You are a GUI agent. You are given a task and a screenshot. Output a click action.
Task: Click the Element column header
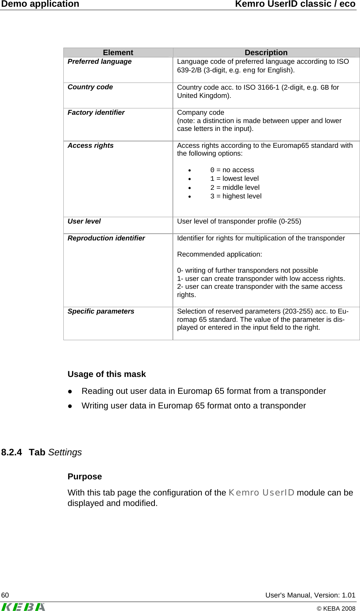tap(118, 53)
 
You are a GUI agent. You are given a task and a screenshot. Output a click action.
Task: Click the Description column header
tap(266, 53)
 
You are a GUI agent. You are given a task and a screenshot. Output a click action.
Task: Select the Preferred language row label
tap(99, 62)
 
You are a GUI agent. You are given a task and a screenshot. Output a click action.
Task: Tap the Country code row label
tap(90, 87)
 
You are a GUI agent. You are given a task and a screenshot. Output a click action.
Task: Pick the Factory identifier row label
tap(96, 113)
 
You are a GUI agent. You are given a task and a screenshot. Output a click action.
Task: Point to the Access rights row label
tap(90, 146)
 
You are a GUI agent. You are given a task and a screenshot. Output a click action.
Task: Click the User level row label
tap(84, 221)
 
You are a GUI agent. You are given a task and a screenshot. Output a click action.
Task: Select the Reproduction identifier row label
tap(106, 238)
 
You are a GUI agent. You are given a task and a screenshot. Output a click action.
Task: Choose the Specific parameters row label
tap(100, 311)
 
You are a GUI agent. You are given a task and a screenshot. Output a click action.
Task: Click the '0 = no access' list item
tap(232, 170)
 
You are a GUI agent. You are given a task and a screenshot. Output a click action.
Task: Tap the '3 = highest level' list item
tap(235, 196)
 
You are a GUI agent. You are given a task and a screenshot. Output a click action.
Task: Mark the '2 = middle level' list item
tap(235, 188)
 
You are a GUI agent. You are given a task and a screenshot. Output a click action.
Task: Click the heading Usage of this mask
tap(106, 374)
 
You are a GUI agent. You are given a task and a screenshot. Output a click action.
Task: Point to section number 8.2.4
tap(12, 452)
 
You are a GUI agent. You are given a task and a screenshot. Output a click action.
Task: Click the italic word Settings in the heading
tap(65, 452)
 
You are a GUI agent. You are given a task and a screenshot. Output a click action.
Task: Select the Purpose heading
tap(85, 476)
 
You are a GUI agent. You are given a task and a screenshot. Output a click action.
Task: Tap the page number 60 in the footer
tap(5, 595)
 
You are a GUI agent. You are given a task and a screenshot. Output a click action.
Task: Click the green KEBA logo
tap(23, 606)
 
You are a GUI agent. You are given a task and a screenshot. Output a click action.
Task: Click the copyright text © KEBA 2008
tap(336, 608)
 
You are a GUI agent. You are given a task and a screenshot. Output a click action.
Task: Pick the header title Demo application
tap(40, 4)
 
